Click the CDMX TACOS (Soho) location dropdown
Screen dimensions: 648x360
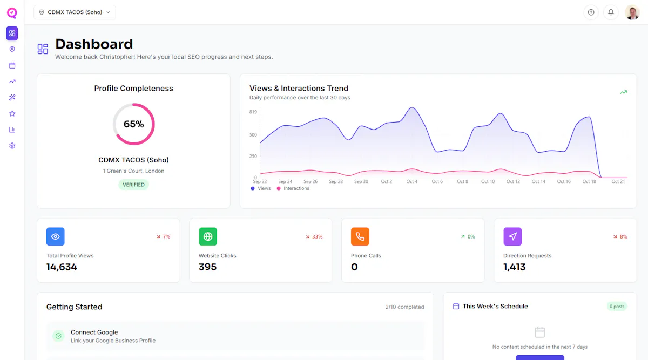click(75, 12)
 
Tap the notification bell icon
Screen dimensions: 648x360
click(611, 12)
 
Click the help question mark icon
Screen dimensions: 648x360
click(591, 12)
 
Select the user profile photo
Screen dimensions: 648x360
click(632, 12)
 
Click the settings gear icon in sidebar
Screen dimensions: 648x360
click(12, 146)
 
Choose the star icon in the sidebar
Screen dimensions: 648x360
click(12, 114)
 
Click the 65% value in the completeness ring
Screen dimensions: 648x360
click(134, 124)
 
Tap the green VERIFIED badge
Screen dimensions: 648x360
click(134, 185)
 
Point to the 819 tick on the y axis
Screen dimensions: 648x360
click(253, 112)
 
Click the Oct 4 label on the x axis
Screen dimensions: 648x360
click(411, 181)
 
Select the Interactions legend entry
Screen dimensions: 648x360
click(293, 188)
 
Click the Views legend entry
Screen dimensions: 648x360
click(261, 188)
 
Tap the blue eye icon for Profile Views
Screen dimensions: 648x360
click(55, 236)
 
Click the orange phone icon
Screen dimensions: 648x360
click(360, 236)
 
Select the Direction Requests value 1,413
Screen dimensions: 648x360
click(514, 267)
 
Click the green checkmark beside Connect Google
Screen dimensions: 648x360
click(58, 336)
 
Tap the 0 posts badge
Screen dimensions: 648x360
click(617, 307)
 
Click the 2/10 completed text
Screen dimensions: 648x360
click(404, 307)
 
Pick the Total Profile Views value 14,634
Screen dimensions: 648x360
click(62, 267)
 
